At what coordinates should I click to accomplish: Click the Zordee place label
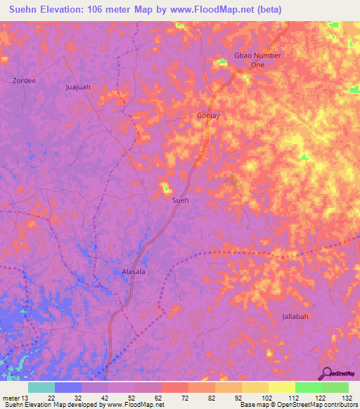24,81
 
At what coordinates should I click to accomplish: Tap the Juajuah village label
78,87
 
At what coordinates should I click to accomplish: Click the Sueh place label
181,200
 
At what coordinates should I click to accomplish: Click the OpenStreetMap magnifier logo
328,373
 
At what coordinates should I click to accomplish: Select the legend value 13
27,398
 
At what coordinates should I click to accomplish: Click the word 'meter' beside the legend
11,398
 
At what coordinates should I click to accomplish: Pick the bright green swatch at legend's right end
335,387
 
